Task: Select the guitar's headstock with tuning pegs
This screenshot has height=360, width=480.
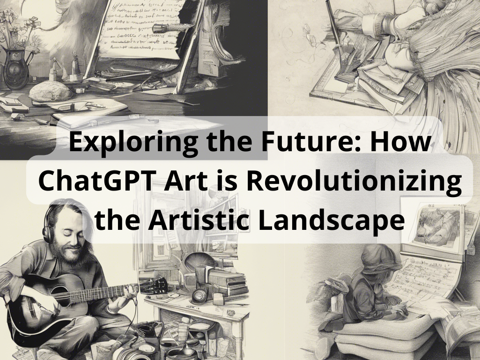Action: (x=155, y=285)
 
